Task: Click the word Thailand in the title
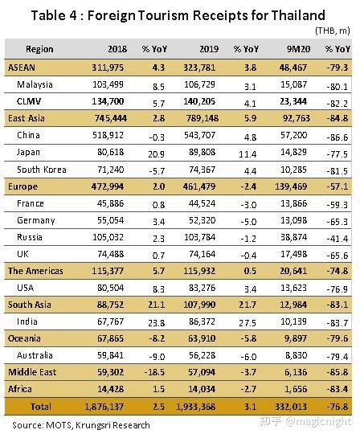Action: (x=298, y=15)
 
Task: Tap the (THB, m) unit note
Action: (x=333, y=31)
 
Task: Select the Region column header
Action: (x=39, y=49)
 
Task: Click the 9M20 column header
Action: (x=298, y=49)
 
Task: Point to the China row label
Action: (x=28, y=136)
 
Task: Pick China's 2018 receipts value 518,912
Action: (x=108, y=136)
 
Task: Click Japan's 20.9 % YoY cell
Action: (x=156, y=154)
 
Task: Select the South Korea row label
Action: (x=42, y=170)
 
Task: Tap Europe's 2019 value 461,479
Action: (x=199, y=186)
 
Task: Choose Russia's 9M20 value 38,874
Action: (x=293, y=237)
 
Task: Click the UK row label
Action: (x=22, y=254)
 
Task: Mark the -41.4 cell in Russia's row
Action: (x=337, y=239)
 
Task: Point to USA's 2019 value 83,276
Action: (x=202, y=288)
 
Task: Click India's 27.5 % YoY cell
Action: (x=247, y=323)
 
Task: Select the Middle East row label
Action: (x=32, y=372)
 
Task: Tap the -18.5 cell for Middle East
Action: (x=154, y=372)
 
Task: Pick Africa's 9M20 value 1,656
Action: (x=296, y=389)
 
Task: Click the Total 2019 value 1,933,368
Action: (x=196, y=407)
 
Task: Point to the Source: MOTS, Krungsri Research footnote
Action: (x=81, y=425)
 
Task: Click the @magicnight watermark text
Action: (x=318, y=422)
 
